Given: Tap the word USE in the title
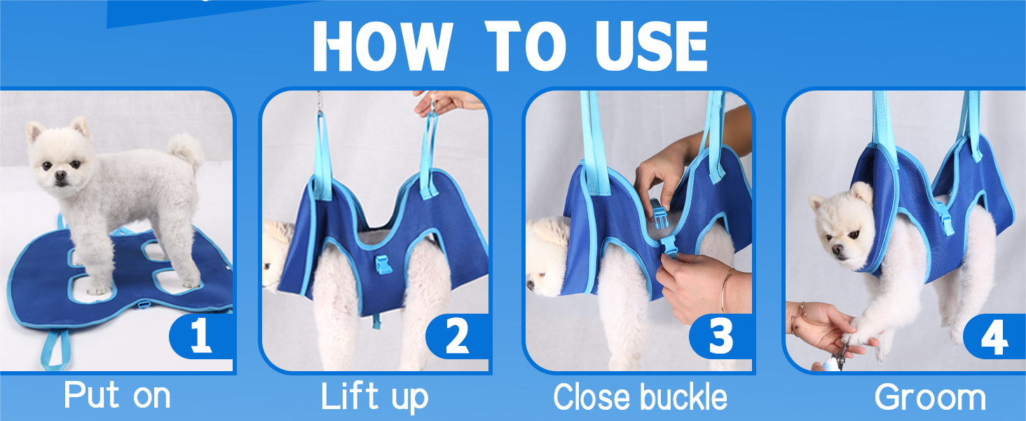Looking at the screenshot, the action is (651, 46).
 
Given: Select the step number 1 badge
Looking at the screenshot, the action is (201, 336).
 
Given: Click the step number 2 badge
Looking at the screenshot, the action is (457, 336).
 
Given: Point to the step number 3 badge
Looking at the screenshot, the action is (720, 336).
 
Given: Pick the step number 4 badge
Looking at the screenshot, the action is (994, 337).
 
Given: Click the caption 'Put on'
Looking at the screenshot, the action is (117, 395).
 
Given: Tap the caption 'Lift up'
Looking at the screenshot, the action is (375, 397).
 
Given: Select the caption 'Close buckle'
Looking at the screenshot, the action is (640, 396).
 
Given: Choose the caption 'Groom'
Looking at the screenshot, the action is (930, 397).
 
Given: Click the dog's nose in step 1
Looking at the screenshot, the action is (60, 175).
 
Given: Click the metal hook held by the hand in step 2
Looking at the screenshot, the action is (431, 104).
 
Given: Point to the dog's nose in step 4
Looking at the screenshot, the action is (837, 250).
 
